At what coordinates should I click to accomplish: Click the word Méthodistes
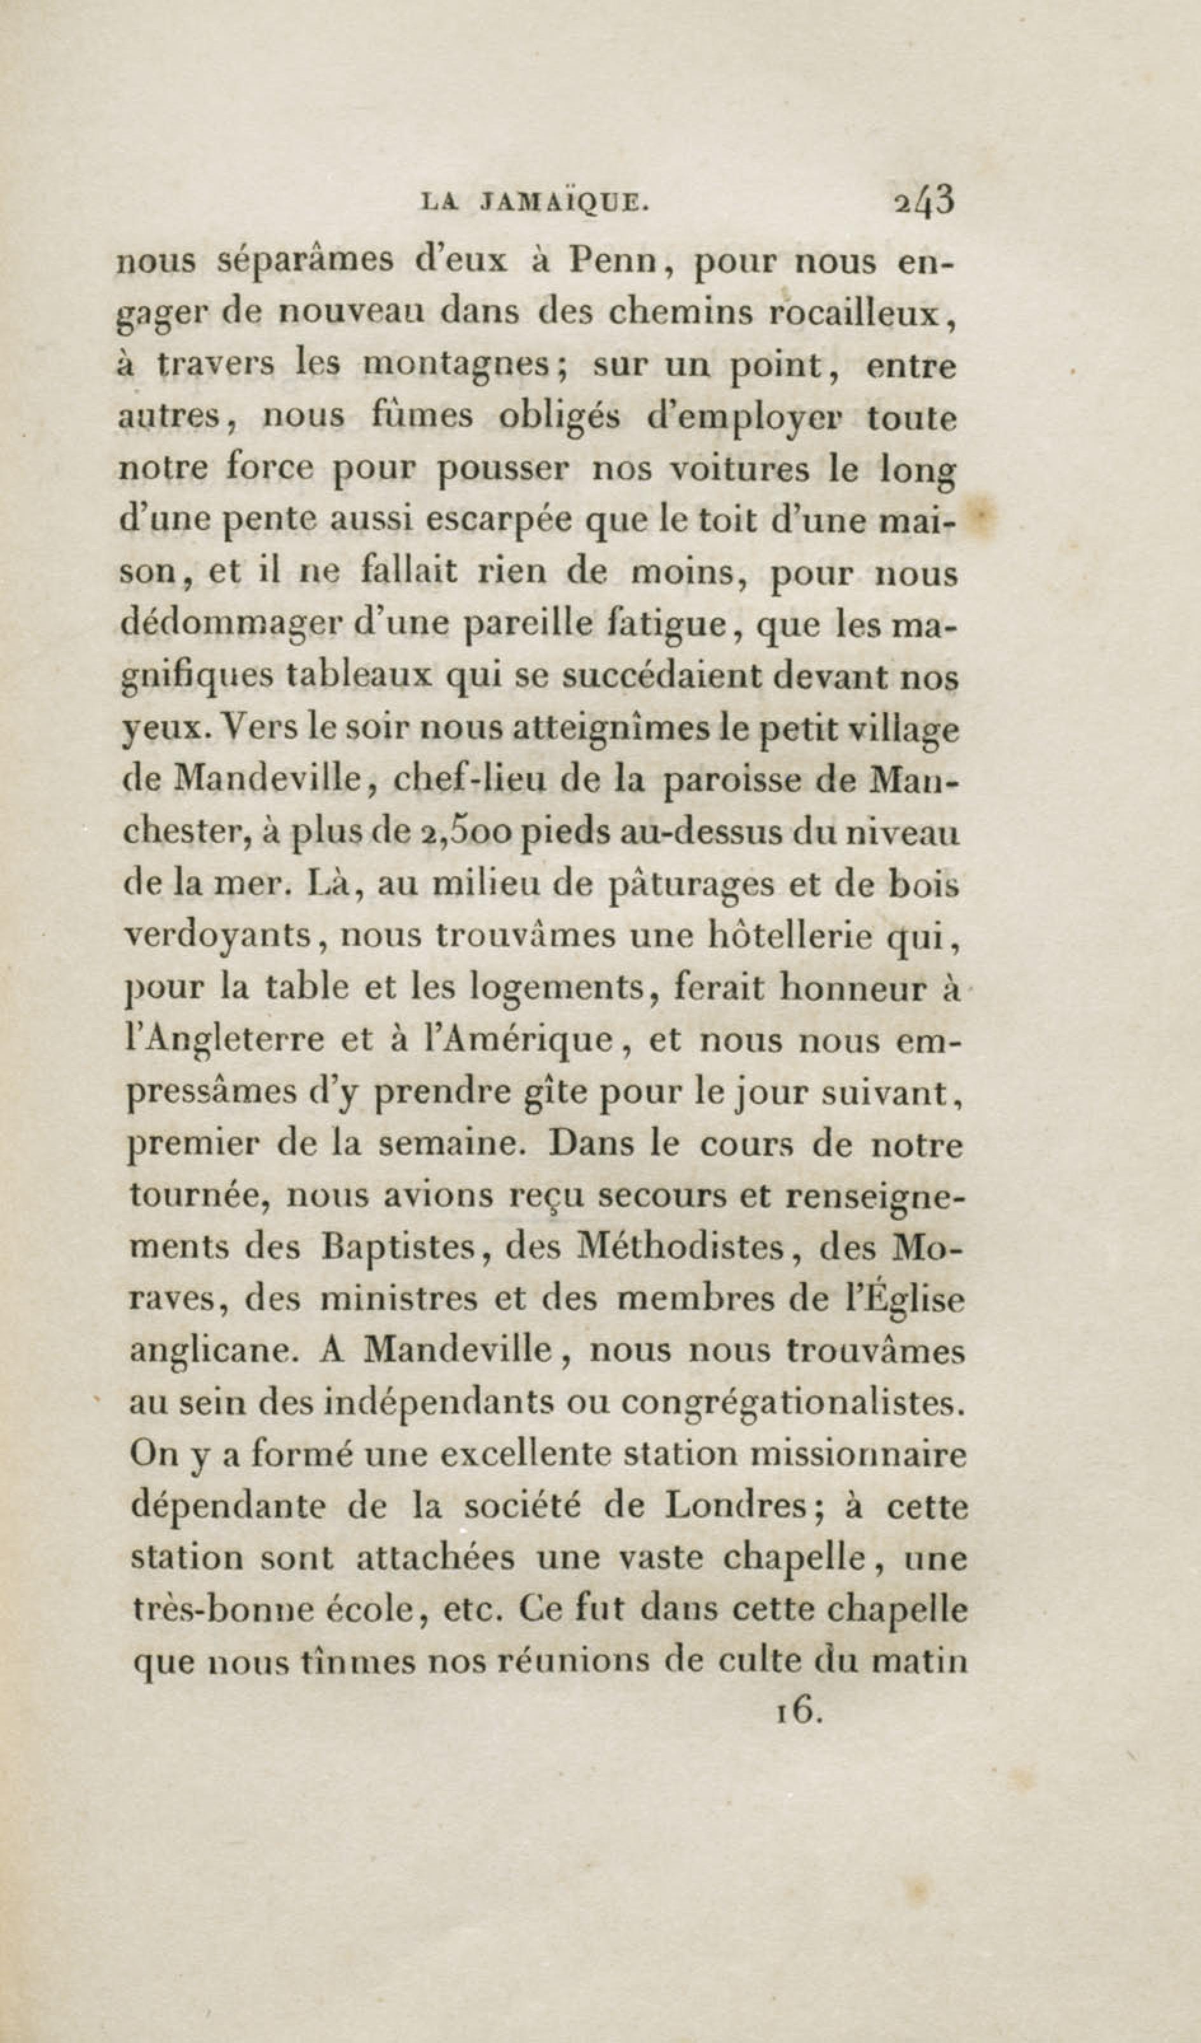click(682, 1248)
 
